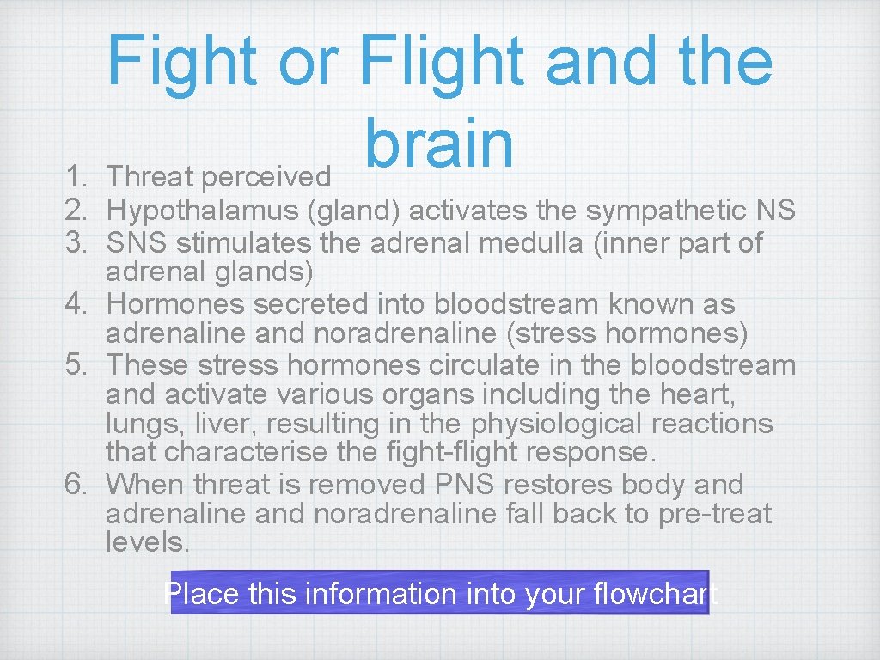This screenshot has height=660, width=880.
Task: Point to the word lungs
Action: click(x=139, y=425)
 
